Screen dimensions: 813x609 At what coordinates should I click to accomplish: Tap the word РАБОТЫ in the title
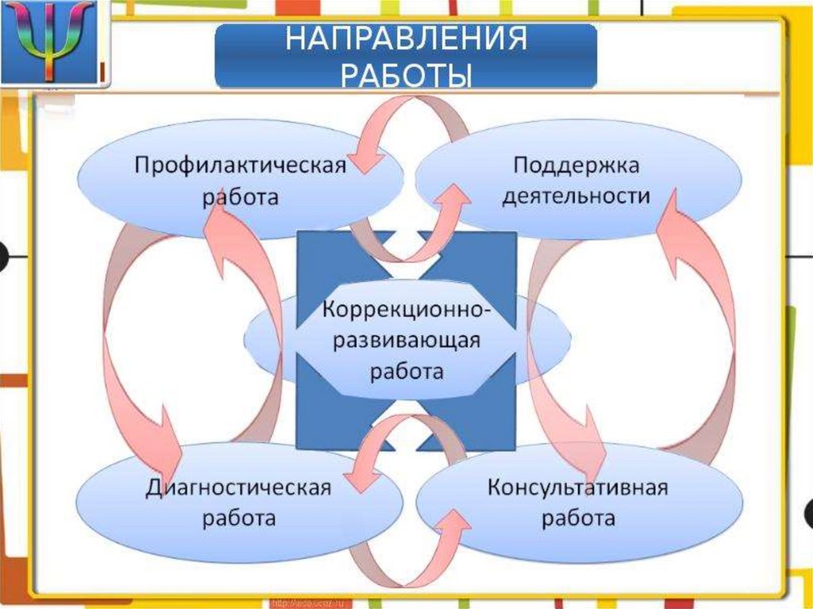(x=406, y=75)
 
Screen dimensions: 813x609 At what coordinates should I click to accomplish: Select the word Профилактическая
(x=240, y=166)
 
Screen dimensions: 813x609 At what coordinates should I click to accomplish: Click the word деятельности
(x=576, y=195)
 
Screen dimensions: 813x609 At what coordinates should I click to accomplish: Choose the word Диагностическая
(x=238, y=488)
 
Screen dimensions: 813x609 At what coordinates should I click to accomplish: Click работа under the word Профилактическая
(x=240, y=196)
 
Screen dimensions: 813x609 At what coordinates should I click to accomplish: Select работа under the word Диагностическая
(x=238, y=518)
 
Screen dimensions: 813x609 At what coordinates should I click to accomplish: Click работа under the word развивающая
(x=407, y=371)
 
